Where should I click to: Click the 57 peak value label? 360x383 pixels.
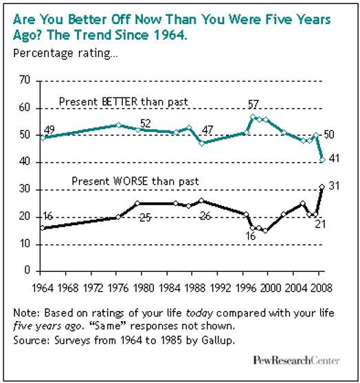click(253, 104)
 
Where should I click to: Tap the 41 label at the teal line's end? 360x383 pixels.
click(334, 159)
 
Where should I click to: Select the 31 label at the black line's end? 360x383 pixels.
click(334, 186)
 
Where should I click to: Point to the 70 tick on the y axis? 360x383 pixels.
click(25, 80)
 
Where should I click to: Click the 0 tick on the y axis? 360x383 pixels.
click(27, 270)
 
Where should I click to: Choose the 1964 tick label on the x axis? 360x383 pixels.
click(43, 288)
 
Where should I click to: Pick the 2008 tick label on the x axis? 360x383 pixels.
click(322, 288)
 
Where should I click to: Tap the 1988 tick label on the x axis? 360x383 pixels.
click(194, 288)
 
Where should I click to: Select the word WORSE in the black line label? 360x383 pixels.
click(131, 181)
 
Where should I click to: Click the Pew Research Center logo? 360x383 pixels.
click(296, 360)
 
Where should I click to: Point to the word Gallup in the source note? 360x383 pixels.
click(218, 340)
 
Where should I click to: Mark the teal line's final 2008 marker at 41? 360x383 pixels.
click(322, 160)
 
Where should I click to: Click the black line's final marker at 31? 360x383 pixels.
click(322, 187)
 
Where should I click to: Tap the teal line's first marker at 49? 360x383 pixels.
click(43, 138)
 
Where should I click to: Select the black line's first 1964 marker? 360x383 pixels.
click(43, 228)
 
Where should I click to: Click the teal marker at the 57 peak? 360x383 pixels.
click(253, 117)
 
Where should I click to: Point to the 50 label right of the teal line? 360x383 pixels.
click(329, 135)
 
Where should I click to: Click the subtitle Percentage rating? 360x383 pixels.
click(65, 54)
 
